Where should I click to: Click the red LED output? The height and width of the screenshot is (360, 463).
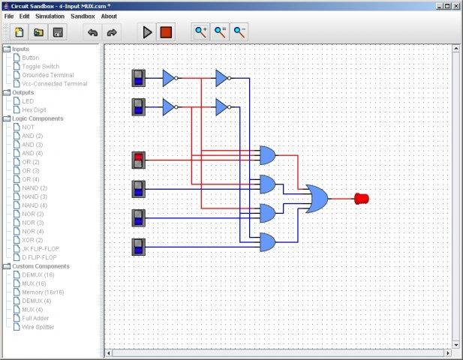click(x=361, y=199)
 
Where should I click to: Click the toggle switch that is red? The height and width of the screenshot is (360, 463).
click(x=138, y=160)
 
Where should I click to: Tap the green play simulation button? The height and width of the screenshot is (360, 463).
click(x=147, y=32)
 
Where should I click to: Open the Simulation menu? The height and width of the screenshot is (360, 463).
click(x=50, y=16)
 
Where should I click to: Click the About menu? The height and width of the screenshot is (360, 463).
click(x=109, y=16)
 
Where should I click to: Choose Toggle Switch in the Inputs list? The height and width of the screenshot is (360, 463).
click(x=41, y=66)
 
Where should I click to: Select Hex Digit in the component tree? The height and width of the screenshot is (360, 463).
click(x=35, y=109)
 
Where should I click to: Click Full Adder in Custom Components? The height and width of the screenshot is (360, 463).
click(x=37, y=318)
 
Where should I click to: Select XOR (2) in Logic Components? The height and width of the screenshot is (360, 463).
click(x=32, y=239)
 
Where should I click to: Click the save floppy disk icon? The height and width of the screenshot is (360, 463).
click(x=57, y=32)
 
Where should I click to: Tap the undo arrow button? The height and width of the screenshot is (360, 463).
click(x=92, y=32)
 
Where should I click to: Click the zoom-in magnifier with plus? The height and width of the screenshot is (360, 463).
click(x=200, y=32)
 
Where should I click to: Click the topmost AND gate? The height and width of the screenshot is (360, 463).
click(x=267, y=155)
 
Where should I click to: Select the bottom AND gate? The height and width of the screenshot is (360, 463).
click(x=267, y=241)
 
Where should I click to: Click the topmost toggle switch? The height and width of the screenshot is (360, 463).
click(x=138, y=78)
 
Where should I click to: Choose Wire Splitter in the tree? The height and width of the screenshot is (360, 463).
click(x=38, y=327)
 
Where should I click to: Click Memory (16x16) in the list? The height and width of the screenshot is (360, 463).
click(x=43, y=292)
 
